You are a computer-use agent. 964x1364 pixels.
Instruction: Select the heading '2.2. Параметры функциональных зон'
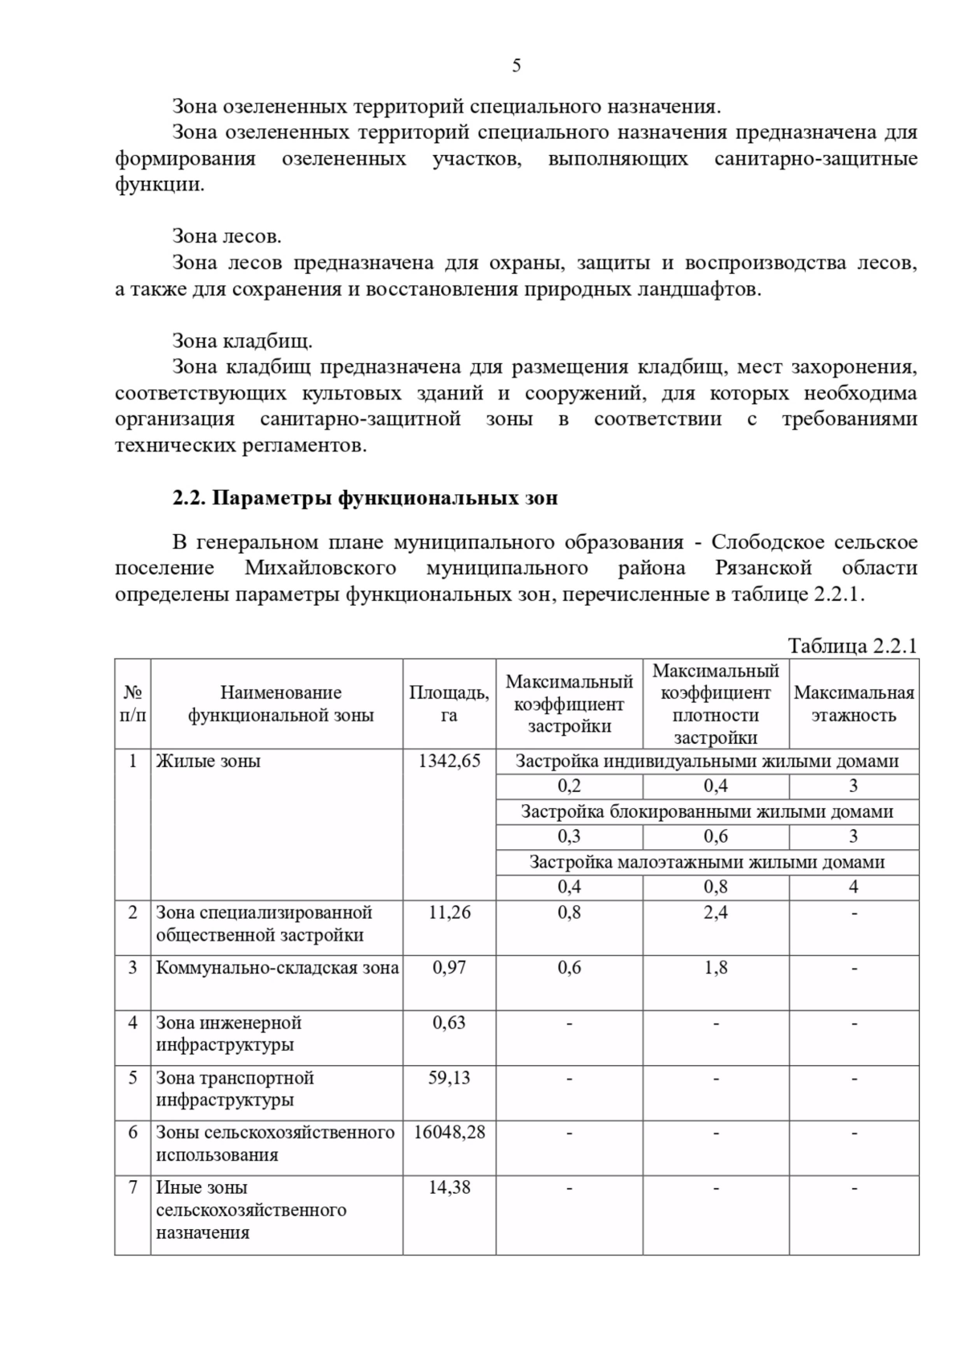365,498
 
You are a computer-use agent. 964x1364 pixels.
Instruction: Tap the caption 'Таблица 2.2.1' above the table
852,646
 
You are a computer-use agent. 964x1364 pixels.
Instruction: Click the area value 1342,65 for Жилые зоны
449,761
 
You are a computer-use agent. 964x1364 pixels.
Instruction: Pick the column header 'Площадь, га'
449,704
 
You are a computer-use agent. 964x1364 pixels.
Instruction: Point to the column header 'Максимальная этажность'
853,704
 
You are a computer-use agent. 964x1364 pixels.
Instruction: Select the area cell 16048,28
449,1133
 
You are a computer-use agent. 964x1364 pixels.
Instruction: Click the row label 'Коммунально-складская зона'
277,968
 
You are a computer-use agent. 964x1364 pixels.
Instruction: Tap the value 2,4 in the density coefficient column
715,913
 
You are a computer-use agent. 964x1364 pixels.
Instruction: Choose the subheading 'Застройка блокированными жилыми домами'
707,811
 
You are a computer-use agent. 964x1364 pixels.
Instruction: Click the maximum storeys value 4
853,887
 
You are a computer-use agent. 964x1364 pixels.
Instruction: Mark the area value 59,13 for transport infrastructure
449,1078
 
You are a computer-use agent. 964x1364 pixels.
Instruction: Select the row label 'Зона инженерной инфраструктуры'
228,1034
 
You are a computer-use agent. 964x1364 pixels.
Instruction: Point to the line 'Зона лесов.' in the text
227,236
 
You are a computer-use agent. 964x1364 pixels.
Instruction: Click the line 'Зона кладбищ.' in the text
242,341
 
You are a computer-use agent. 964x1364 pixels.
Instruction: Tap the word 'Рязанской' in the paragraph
763,568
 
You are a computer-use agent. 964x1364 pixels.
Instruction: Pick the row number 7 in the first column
133,1187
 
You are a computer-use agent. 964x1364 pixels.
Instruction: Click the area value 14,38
449,1187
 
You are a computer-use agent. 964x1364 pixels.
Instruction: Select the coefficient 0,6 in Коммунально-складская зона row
569,968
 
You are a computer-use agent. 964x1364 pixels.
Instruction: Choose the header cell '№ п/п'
133,704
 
